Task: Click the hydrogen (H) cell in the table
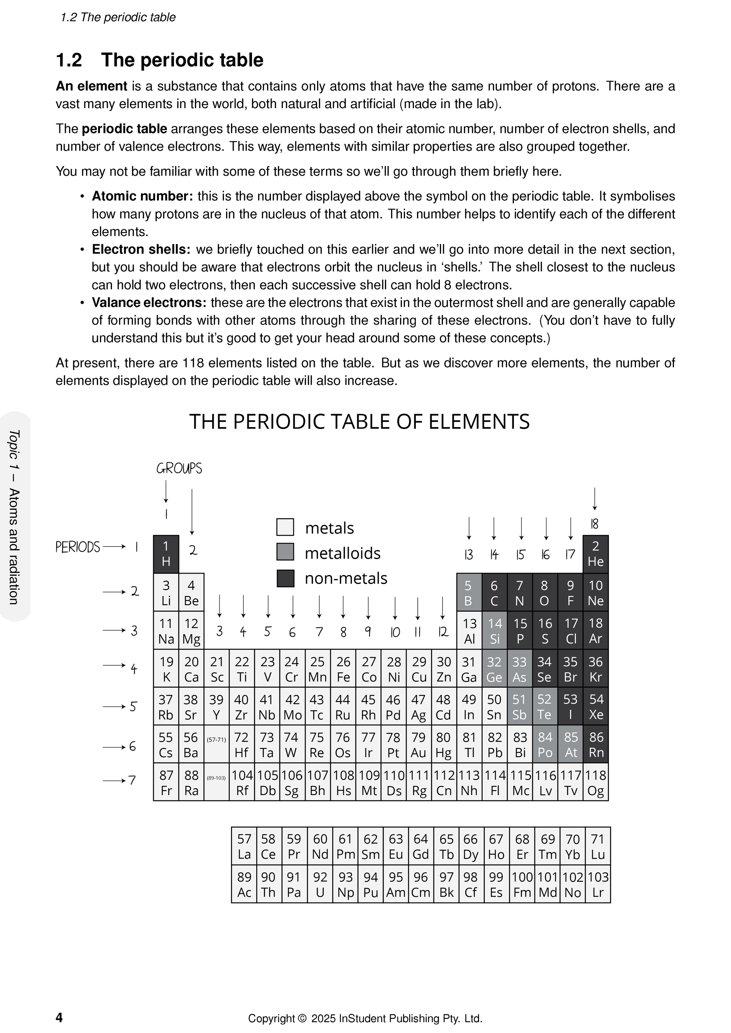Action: pos(166,553)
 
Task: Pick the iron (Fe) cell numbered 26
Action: pos(343,669)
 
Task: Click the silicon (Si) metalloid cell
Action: pos(494,630)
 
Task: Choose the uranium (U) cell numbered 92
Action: pos(320,884)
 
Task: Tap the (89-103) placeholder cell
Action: pos(216,783)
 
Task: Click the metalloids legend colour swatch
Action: pos(285,552)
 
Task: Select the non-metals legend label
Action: pos(346,578)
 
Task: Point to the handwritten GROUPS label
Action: pos(179,469)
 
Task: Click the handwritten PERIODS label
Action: pos(77,547)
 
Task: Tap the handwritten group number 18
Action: pos(594,524)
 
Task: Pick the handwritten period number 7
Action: pos(132,780)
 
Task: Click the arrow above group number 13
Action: pos(469,528)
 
